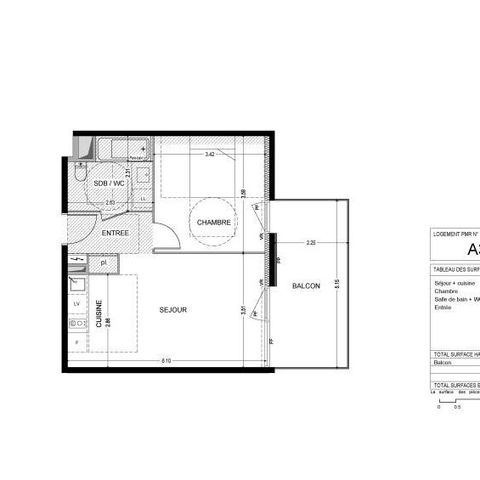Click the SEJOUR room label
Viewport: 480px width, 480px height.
[172, 310]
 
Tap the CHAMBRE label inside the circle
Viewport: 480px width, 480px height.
[214, 223]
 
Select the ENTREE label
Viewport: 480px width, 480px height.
[116, 233]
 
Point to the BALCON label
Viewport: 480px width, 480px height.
[306, 286]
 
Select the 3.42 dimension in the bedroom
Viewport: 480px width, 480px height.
[210, 155]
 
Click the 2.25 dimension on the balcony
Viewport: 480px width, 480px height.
[311, 243]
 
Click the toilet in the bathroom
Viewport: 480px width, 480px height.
[78, 177]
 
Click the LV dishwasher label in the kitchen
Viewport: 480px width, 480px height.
[76, 303]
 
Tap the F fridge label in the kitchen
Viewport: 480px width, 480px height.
[76, 342]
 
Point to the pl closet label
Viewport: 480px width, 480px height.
[103, 263]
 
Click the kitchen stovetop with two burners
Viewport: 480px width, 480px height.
[76, 323]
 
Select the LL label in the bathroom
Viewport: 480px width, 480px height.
[143, 199]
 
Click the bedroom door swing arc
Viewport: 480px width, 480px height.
[167, 234]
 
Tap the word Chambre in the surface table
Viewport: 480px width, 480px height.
[446, 291]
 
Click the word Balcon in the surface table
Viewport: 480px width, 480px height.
[443, 363]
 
